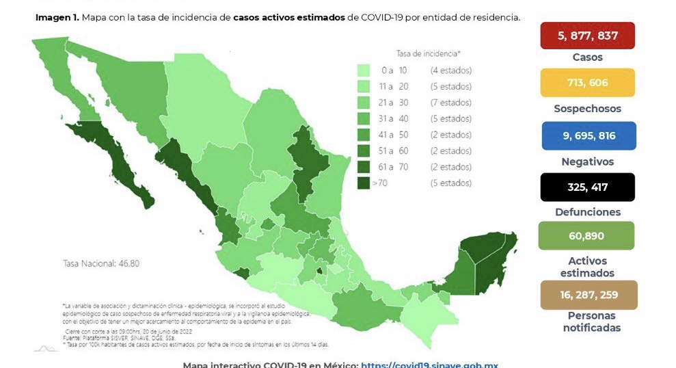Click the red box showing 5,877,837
587,36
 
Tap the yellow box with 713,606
587,83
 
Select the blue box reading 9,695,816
589,135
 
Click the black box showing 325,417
588,187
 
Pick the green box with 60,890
586,236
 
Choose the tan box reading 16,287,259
589,295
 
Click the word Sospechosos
588,109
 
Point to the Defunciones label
588,212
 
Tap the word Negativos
588,161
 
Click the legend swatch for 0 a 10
363,70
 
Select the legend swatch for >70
363,183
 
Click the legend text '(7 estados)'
450,103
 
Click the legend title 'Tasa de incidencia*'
428,53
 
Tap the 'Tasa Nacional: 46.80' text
97,263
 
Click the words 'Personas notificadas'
592,321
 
